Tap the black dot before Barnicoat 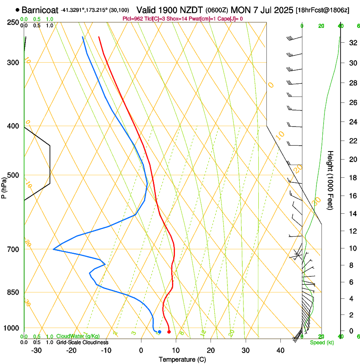pyautogui.click(x=17, y=10)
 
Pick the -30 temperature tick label pyautogui.click(x=36, y=350)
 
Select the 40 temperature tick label pyautogui.click(x=280, y=350)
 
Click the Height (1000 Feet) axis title pyautogui.click(x=331, y=180)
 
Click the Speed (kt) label pyautogui.click(x=321, y=342)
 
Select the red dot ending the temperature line pyautogui.click(x=169, y=332)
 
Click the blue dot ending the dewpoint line pyautogui.click(x=159, y=332)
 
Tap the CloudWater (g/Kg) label pyautogui.click(x=79, y=336)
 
